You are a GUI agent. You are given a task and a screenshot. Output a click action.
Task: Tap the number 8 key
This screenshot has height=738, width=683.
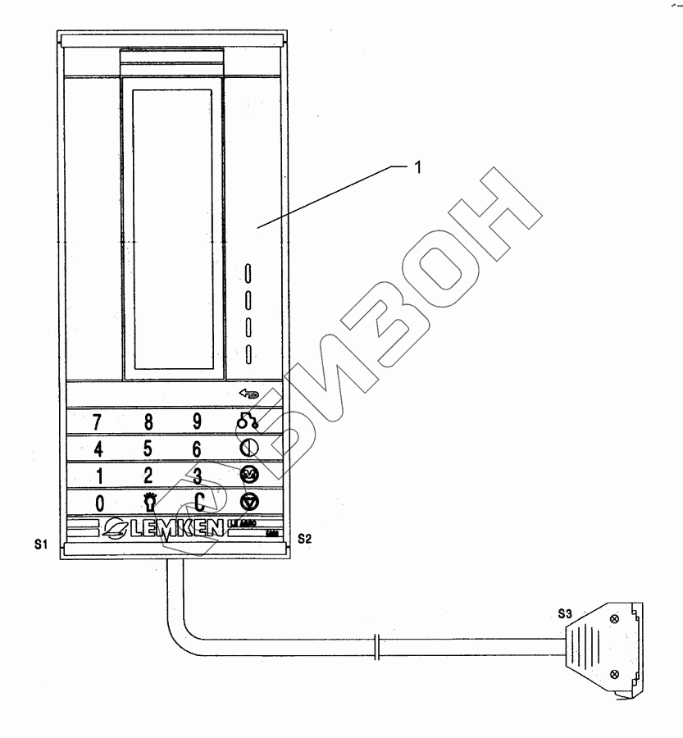(148, 422)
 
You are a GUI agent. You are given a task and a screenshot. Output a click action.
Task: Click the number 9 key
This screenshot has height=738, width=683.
(197, 421)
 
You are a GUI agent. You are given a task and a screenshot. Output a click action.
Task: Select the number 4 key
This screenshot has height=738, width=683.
(98, 449)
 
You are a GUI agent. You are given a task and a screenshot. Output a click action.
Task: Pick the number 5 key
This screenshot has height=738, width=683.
(148, 449)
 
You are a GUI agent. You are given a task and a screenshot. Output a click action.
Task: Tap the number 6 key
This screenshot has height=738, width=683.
(197, 449)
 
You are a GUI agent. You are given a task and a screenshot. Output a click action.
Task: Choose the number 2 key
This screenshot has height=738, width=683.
(148, 476)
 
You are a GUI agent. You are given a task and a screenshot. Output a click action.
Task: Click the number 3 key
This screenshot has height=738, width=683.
(198, 476)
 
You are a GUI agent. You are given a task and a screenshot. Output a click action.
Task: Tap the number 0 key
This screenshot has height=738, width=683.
(98, 503)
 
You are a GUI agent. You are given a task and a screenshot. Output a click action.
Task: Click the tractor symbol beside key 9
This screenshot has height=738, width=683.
(248, 422)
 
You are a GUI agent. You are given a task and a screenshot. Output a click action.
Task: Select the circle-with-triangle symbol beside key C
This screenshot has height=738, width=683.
(248, 502)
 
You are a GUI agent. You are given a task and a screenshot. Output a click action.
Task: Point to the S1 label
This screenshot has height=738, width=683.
(40, 544)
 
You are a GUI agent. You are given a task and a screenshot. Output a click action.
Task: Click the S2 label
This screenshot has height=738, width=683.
(304, 539)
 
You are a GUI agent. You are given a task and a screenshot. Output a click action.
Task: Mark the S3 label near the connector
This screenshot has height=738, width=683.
(565, 613)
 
